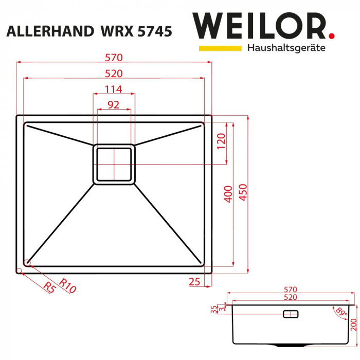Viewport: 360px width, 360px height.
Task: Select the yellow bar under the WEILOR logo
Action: pos(220,48)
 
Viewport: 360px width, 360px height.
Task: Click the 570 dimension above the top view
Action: pos(114,57)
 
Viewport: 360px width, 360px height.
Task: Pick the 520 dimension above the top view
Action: pos(114,73)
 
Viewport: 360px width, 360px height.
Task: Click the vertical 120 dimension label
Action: pos(221,141)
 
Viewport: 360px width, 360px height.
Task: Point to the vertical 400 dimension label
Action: pos(228,194)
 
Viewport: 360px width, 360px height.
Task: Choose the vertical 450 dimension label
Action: pos(243,194)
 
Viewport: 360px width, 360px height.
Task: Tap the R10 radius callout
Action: pos(67,285)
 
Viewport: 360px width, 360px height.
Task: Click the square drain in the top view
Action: pos(114,164)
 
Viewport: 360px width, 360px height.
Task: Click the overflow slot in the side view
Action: pos(291,314)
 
